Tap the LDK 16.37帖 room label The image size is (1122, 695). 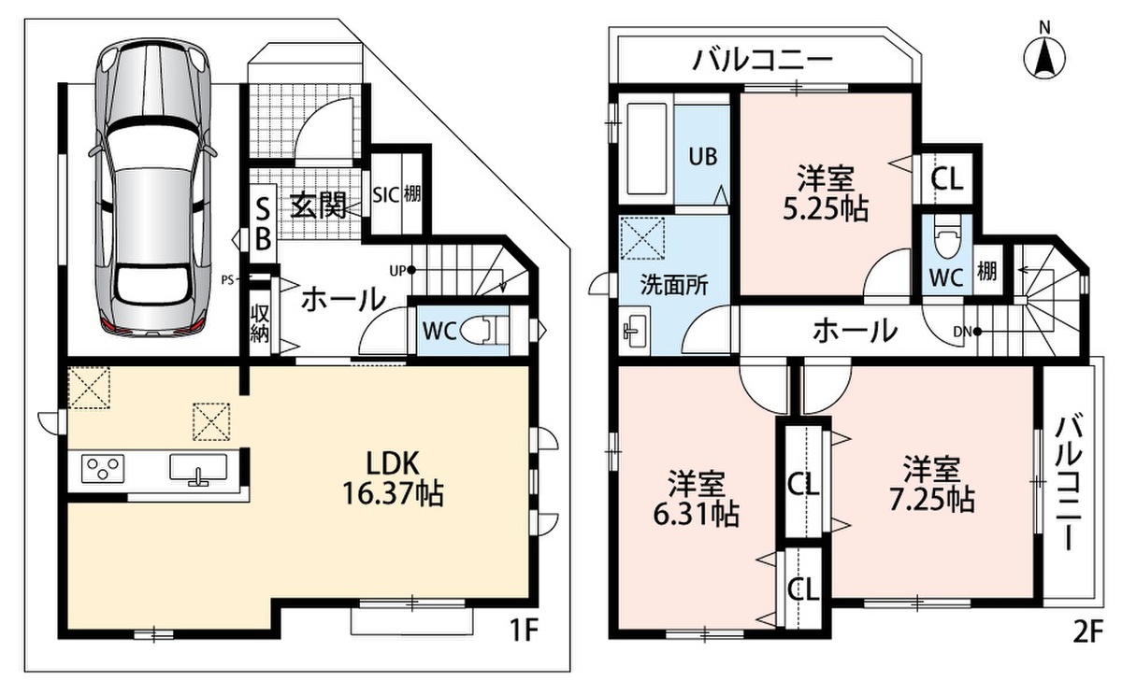point(393,478)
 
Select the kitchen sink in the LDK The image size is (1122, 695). point(198,469)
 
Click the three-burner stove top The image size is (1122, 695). point(103,468)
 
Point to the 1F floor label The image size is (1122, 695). point(525,631)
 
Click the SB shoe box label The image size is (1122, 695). point(263,223)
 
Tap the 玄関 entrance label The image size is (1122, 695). point(319,206)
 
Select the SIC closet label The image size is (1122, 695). point(385,194)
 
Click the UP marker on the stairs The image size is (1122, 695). point(402,271)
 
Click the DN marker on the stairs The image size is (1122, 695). point(967,332)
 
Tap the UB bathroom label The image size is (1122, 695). point(703,157)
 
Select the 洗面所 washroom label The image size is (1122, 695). point(675,285)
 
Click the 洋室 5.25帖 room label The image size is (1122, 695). point(826,194)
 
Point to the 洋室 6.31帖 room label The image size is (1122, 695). point(697,499)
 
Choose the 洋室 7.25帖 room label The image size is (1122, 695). point(931,484)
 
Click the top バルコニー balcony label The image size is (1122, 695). point(762,62)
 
